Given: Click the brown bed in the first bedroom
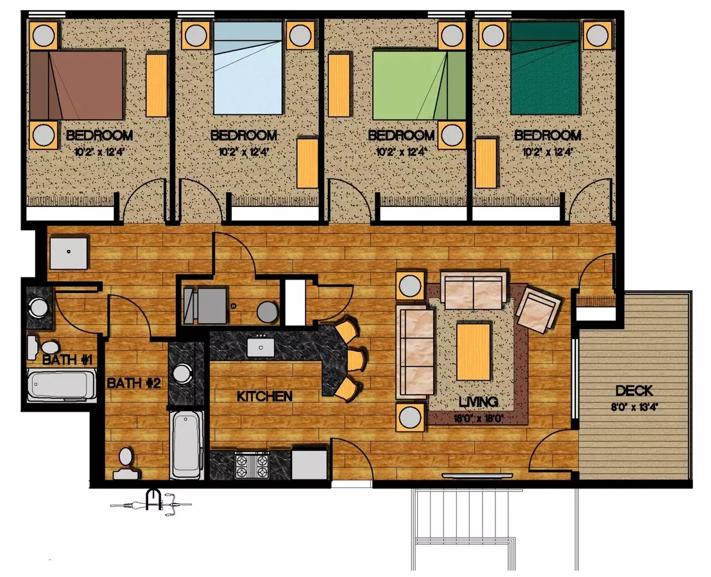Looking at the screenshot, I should pos(77,85).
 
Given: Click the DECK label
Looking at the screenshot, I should pos(634,390).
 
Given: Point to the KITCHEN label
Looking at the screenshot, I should pos(265,397).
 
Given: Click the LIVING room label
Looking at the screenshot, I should pos(478,402).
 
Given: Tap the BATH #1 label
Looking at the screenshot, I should pos(68,360).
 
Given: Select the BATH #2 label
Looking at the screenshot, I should pos(133,383).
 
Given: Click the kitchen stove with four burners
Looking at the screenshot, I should pos(252,464).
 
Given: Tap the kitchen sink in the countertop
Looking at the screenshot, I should pos(261,347).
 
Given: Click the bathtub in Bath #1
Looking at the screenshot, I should pos(62,385).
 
